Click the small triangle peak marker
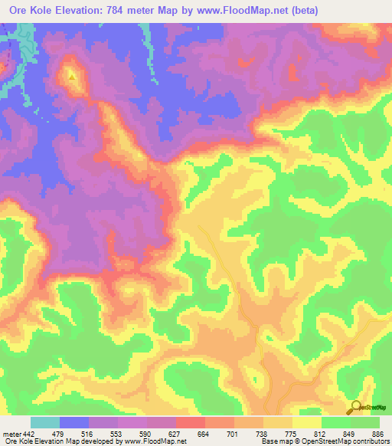(72, 76)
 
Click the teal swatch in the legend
(45, 422)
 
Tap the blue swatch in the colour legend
(74, 422)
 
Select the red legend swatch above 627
(191, 422)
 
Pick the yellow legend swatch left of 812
(307, 422)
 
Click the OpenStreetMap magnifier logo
(355, 408)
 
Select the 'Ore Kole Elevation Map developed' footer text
(54, 441)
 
